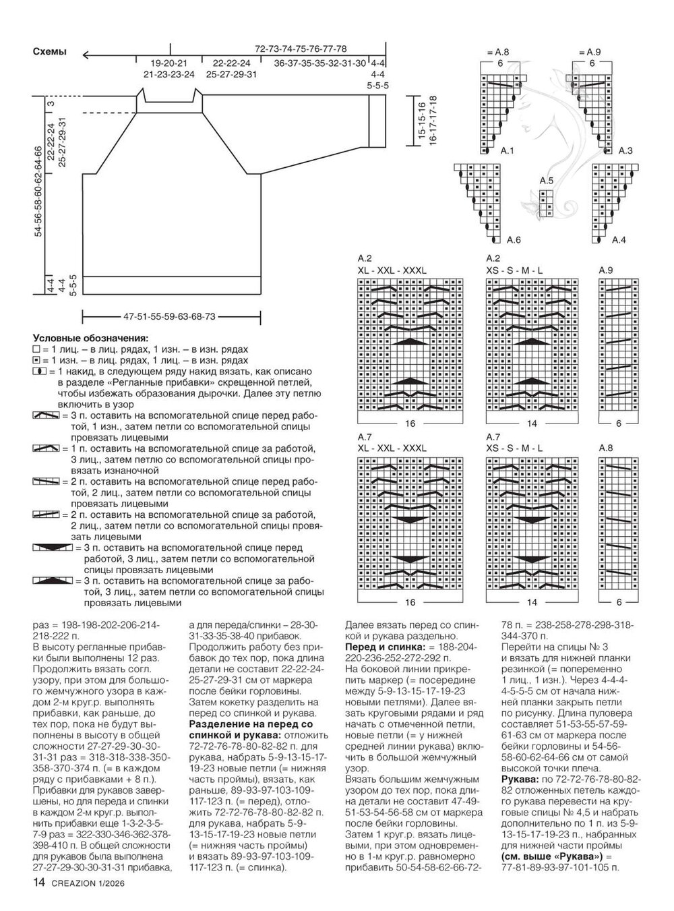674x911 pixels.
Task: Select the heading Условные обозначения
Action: tap(90, 339)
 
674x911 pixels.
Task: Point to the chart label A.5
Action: tap(546, 181)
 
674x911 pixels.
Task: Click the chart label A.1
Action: tap(507, 151)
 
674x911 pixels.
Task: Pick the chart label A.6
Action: tap(513, 239)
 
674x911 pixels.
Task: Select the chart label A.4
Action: tap(619, 239)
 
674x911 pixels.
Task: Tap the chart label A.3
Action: tap(625, 151)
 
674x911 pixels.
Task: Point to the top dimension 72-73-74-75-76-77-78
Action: tap(301, 49)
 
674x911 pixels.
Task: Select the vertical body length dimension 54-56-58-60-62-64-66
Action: tap(38, 192)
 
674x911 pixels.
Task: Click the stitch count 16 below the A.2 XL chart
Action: tap(410, 425)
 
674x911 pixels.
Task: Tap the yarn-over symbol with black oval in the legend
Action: tap(38, 372)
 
